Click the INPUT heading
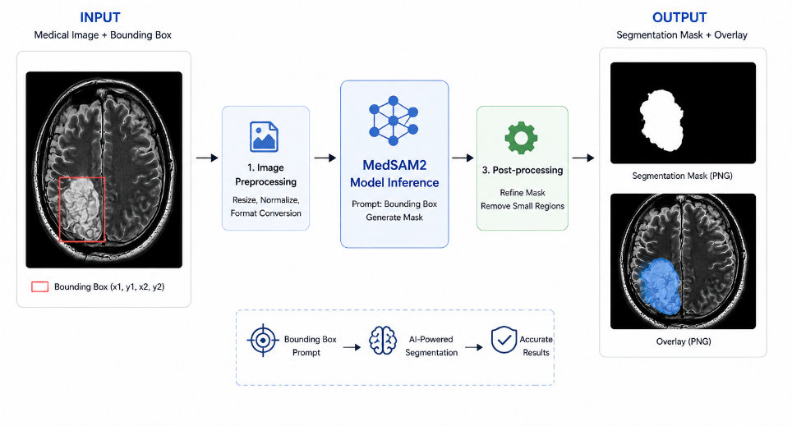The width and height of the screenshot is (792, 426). pos(100,18)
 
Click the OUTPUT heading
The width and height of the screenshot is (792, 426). pos(679,18)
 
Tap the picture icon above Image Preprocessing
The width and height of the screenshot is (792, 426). pos(265,137)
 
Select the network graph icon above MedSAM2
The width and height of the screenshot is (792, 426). pos(394,121)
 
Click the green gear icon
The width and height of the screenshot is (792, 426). pos(521,138)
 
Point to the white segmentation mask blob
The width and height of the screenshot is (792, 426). pos(661,120)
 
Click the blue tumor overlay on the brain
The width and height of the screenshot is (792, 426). pos(661,286)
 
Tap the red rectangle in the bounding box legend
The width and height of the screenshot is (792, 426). pos(40,286)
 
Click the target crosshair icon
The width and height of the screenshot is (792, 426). pos(263,340)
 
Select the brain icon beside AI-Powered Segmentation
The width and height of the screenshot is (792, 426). pos(382,340)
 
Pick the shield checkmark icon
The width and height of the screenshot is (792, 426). pos(504,340)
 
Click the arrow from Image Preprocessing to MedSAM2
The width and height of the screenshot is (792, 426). pos(325,158)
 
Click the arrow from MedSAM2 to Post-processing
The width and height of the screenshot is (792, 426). pos(463,158)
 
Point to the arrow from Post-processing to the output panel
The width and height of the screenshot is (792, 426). pos(582,158)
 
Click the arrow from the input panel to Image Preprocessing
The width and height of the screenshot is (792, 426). pos(207,158)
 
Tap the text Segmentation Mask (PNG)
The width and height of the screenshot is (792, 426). pos(682,176)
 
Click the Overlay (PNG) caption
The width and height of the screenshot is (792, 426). pos(684,341)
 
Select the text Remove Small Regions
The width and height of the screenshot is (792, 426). pos(523,206)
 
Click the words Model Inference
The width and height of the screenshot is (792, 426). pos(394,182)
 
